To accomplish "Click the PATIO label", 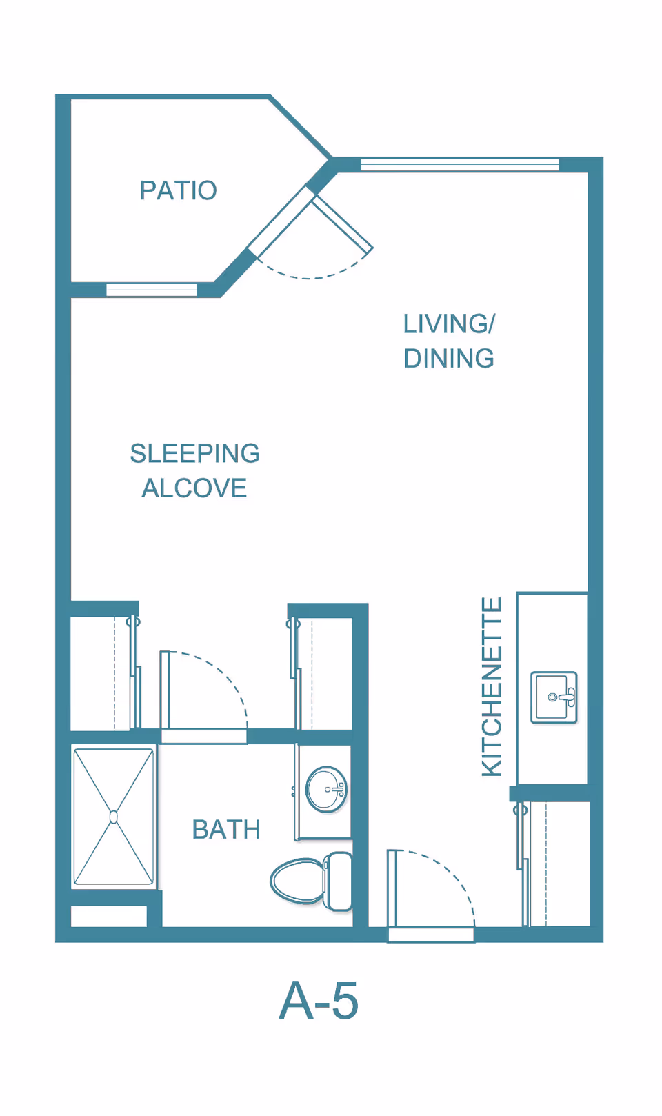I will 178,190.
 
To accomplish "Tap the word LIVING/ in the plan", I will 449,323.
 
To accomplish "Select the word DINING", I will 449,359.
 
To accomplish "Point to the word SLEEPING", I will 194,453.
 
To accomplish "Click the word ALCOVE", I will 194,488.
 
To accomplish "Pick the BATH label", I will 226,829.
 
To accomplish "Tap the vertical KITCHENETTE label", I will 492,687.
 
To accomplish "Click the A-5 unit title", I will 319,1001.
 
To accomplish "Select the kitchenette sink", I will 553,697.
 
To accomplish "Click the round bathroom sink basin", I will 325,789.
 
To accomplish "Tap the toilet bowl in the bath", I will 297,881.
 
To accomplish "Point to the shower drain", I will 114,817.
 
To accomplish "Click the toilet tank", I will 338,881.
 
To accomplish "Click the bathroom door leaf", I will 165,689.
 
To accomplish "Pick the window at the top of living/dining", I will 459,164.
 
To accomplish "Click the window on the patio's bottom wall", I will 152,290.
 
